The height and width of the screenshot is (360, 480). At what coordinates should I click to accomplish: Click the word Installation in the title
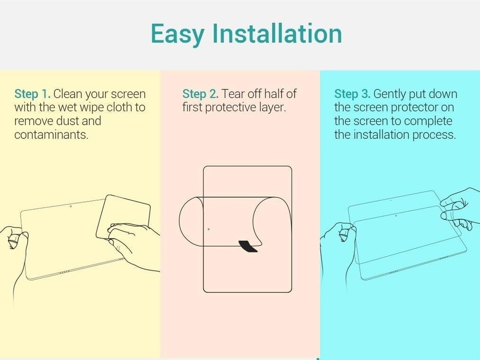pos(277,34)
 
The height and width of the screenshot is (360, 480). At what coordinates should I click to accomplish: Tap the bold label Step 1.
pos(32,94)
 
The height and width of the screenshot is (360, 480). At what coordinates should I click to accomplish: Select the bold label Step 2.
pos(200,94)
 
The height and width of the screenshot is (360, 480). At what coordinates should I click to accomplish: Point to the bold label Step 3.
pos(352,94)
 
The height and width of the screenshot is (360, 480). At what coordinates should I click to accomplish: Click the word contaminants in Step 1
pos(51,135)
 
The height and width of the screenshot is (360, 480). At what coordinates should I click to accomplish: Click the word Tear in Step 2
pos(233,94)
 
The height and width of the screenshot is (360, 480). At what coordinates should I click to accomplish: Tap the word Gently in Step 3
pos(391,94)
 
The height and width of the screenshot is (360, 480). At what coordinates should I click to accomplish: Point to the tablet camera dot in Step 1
pos(71,206)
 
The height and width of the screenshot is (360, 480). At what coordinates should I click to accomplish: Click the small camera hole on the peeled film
pos(208,229)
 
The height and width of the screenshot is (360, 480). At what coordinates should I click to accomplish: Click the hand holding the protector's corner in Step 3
pos(458,206)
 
